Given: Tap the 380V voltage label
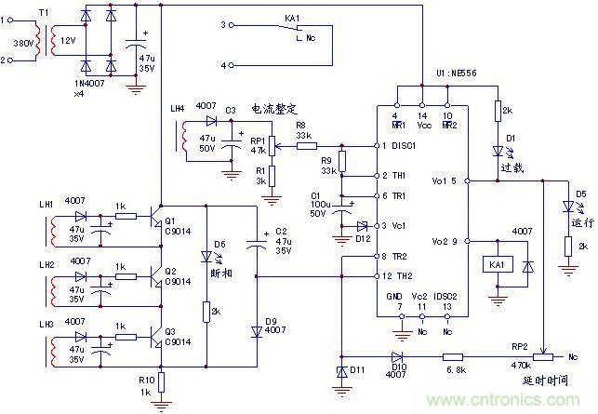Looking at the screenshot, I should tap(20, 44).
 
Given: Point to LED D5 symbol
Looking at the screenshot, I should tap(566, 207).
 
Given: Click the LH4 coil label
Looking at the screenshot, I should tap(177, 110).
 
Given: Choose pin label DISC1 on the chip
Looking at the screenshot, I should tap(403, 146).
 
